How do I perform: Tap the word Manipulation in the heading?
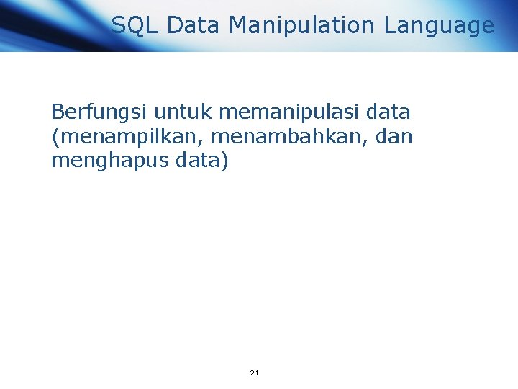point(302,26)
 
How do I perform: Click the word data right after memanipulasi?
point(388,112)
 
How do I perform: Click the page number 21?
point(255,372)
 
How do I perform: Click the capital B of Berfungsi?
point(58,112)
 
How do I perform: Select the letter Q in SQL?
point(135,26)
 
